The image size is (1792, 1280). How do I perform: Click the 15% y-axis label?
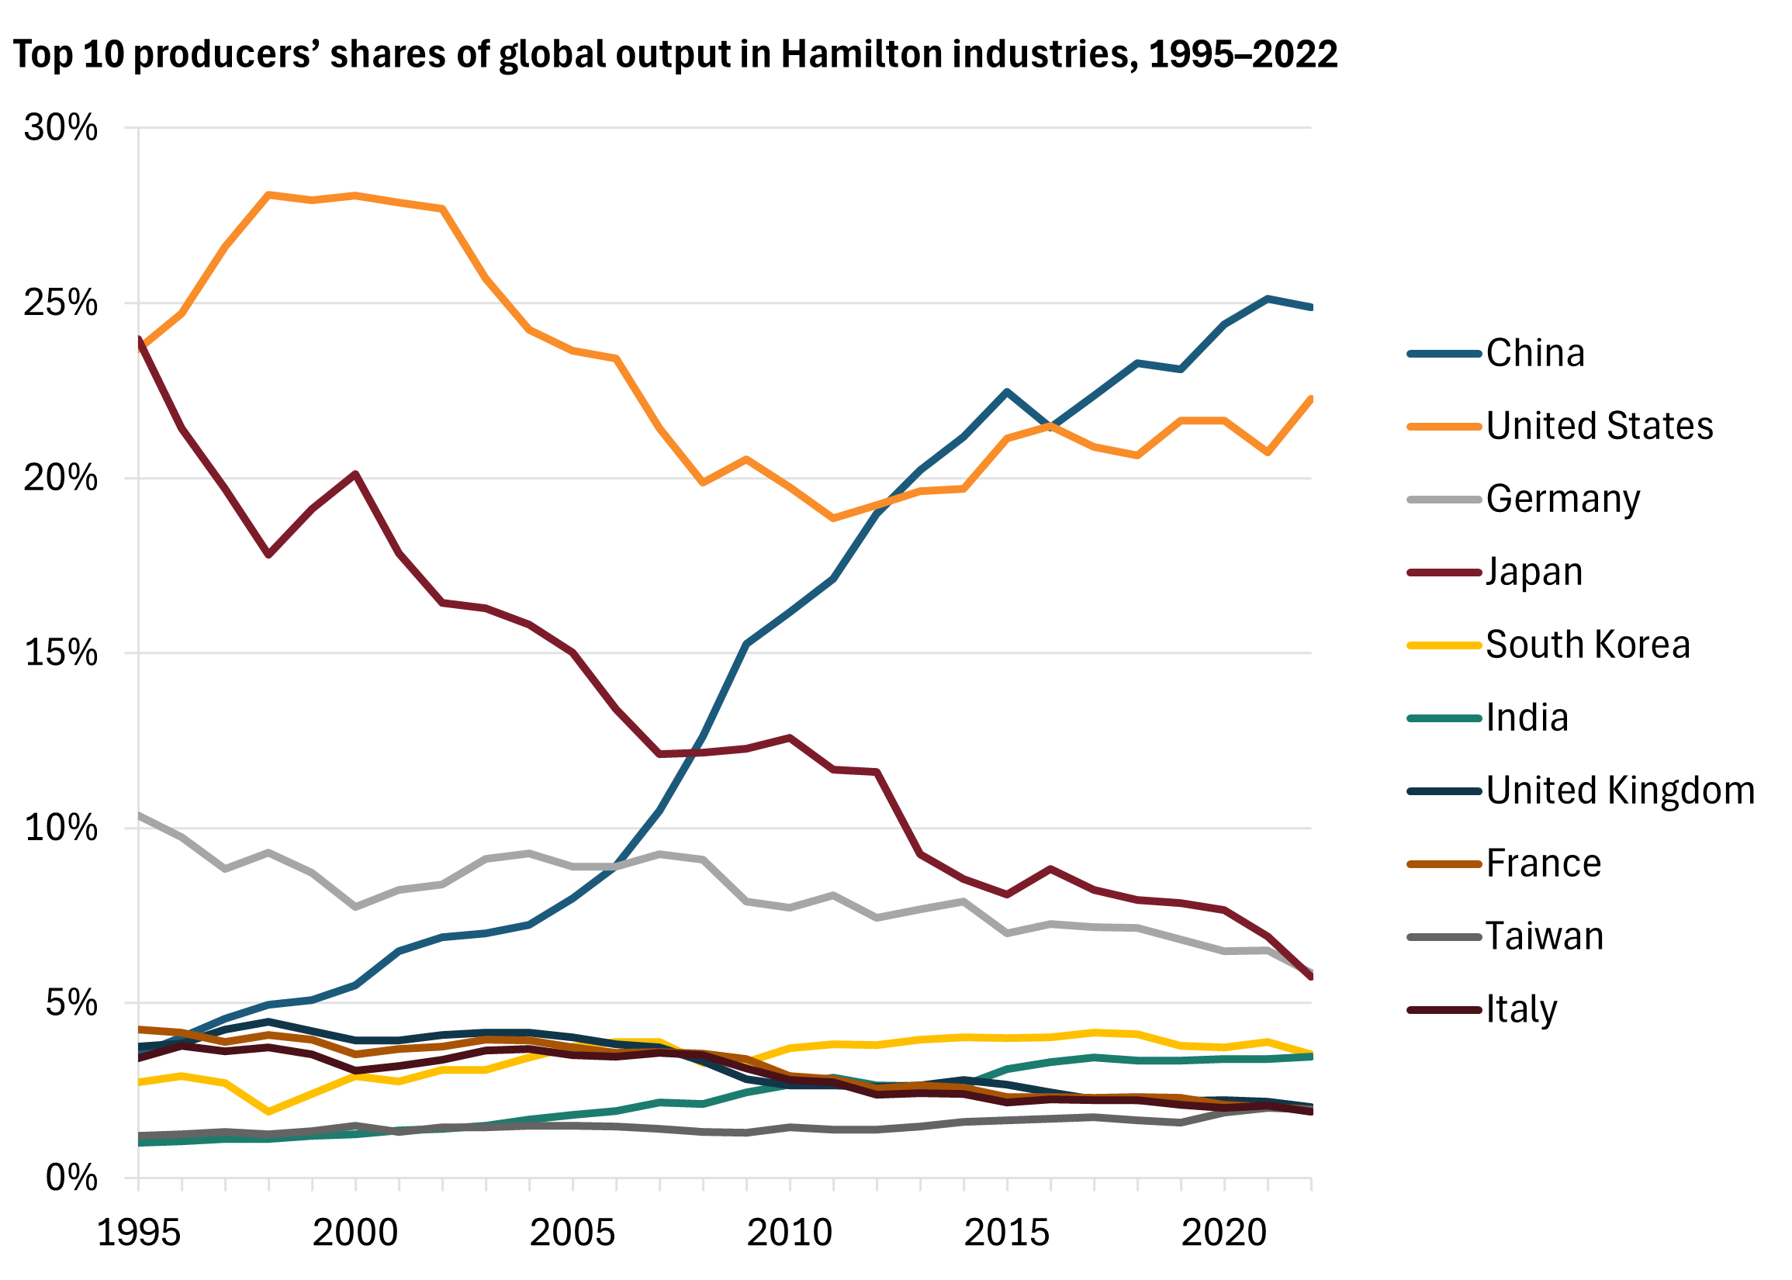click(61, 653)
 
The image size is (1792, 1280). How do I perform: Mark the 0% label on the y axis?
click(71, 1178)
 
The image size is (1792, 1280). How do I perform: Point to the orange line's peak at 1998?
click(268, 195)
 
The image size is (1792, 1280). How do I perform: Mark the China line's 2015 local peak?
click(1006, 392)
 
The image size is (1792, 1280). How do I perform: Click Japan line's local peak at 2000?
click(356, 475)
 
